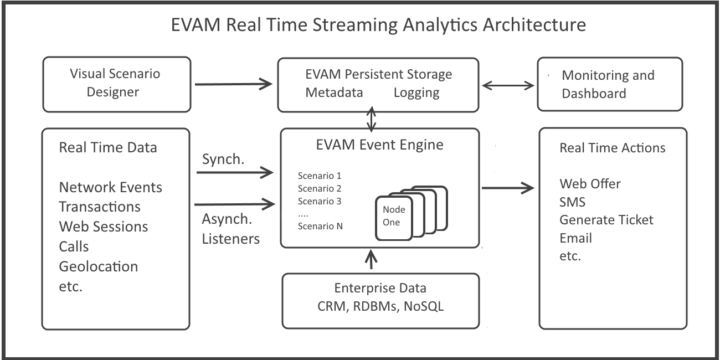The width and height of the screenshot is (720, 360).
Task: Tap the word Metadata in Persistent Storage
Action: (334, 92)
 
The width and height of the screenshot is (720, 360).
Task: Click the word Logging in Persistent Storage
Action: (416, 92)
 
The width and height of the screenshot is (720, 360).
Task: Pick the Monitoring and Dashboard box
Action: (610, 84)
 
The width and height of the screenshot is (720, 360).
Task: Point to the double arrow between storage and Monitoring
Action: (507, 85)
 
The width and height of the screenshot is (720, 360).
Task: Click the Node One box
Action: (394, 217)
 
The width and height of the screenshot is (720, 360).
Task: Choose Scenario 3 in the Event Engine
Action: (320, 200)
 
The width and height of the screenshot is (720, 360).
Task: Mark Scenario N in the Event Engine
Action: (320, 225)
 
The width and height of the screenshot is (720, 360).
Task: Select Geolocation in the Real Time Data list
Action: (98, 266)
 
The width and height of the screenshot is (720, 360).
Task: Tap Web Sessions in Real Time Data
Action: (104, 226)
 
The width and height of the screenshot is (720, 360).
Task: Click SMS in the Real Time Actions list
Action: (572, 201)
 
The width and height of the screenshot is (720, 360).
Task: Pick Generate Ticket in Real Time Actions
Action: (606, 220)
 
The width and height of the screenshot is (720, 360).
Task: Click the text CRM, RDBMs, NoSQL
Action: (380, 306)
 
